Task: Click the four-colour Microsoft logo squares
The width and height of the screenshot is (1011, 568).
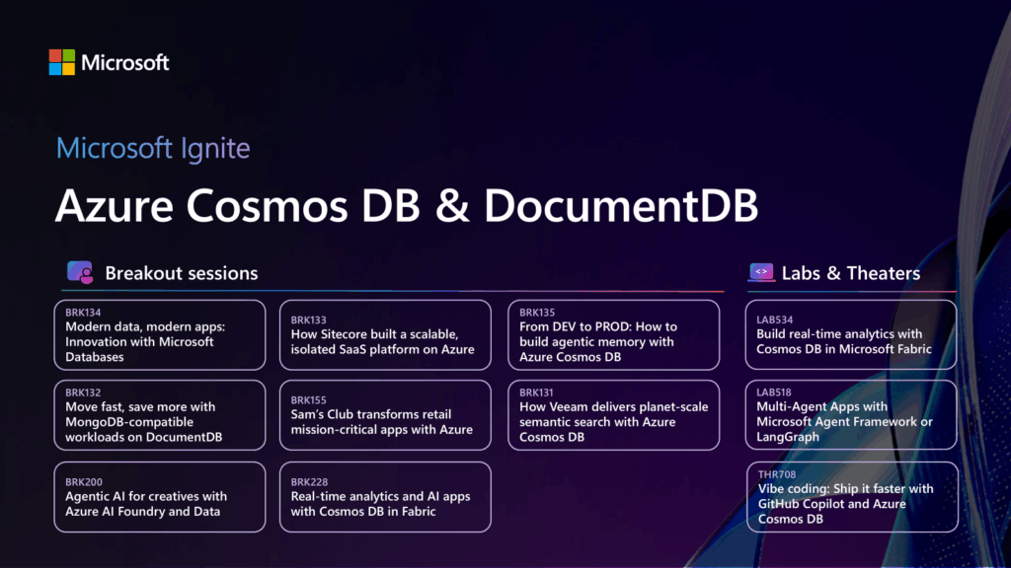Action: pyautogui.click(x=61, y=62)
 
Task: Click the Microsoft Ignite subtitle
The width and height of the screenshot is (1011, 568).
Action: pyautogui.click(x=153, y=149)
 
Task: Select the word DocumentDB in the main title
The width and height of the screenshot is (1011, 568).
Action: pyautogui.click(x=621, y=206)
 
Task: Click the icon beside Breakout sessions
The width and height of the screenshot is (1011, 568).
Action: pyautogui.click(x=80, y=273)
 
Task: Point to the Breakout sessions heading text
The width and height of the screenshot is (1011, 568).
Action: pyautogui.click(x=182, y=273)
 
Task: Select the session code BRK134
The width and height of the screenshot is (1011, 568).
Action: pyautogui.click(x=83, y=313)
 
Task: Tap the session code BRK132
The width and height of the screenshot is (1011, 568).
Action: pyautogui.click(x=83, y=392)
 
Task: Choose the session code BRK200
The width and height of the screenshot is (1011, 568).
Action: pyautogui.click(x=83, y=482)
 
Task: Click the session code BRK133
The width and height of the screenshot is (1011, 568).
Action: pyautogui.click(x=308, y=320)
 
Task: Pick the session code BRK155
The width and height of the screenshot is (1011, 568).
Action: pyautogui.click(x=308, y=400)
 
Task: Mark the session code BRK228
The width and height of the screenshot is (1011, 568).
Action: pyautogui.click(x=308, y=482)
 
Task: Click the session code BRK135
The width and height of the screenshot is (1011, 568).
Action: pyautogui.click(x=537, y=313)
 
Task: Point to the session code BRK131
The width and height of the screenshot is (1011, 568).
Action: pyautogui.click(x=537, y=392)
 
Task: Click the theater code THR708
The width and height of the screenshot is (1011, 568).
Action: pyautogui.click(x=775, y=474)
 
